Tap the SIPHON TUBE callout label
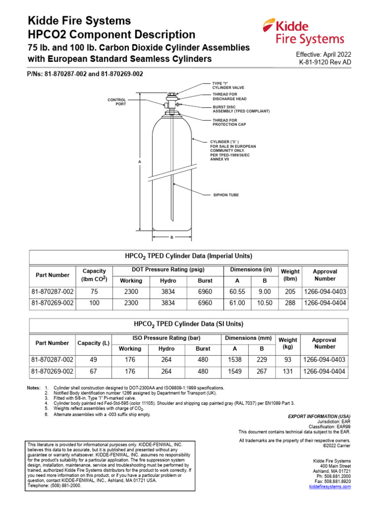[x=225, y=195]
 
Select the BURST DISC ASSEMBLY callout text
[x=240, y=109]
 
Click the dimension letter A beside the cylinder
[x=140, y=162]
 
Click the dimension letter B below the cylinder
[x=171, y=238]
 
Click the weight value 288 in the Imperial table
[x=290, y=303]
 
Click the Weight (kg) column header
[x=288, y=343]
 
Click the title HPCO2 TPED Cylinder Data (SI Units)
[x=189, y=324]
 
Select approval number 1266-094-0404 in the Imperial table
[x=325, y=303]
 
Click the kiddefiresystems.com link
[x=330, y=487]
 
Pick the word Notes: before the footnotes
[x=34, y=388]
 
